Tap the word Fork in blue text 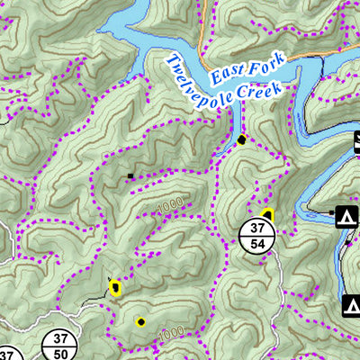[x=269, y=63]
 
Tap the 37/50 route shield [x=60, y=345]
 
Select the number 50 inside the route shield [x=60, y=353]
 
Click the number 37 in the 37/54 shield [x=258, y=226]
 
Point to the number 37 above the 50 [x=60, y=337]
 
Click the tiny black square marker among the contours [x=130, y=175]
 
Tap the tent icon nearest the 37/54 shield [x=343, y=217]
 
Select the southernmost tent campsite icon [x=349, y=306]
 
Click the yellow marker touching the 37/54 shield [x=267, y=214]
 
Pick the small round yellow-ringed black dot [x=140, y=321]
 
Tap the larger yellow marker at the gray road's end [x=115, y=288]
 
